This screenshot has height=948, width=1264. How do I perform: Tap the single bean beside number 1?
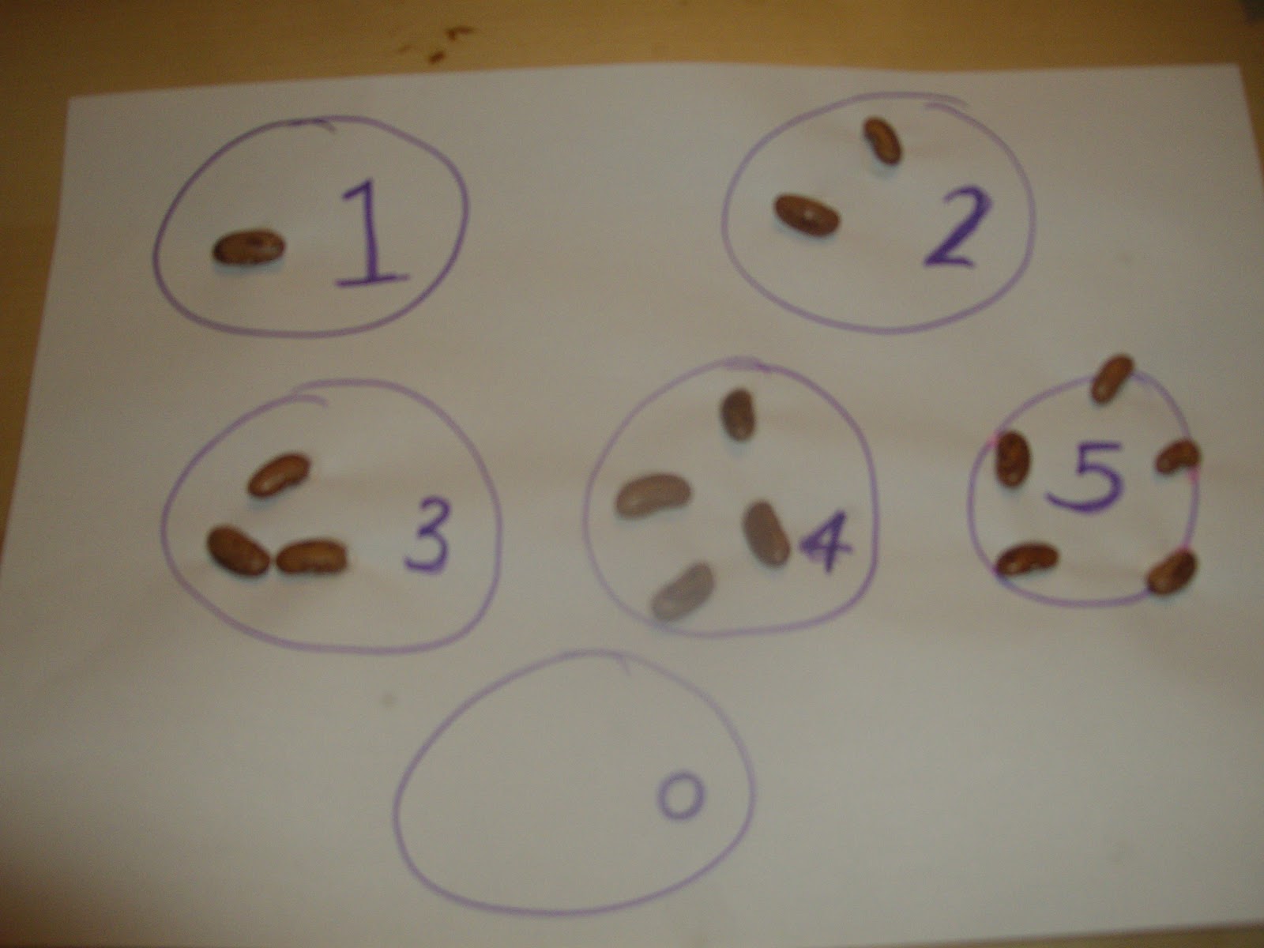(249, 247)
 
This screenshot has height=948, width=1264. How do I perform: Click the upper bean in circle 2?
(882, 141)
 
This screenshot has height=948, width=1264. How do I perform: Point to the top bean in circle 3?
(278, 474)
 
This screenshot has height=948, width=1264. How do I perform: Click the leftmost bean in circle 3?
(238, 551)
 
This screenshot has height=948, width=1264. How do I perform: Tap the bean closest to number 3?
(312, 555)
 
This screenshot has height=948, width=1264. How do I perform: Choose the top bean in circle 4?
(739, 414)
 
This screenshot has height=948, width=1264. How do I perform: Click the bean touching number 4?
(766, 532)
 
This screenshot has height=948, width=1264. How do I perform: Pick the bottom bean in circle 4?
(683, 589)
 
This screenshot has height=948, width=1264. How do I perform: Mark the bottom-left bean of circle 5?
(1026, 559)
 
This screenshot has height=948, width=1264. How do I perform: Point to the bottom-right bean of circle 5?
(1172, 570)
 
